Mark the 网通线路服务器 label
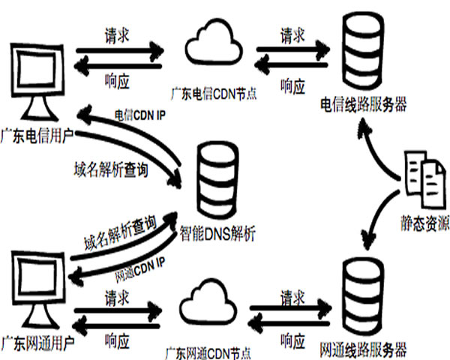(363, 349)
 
